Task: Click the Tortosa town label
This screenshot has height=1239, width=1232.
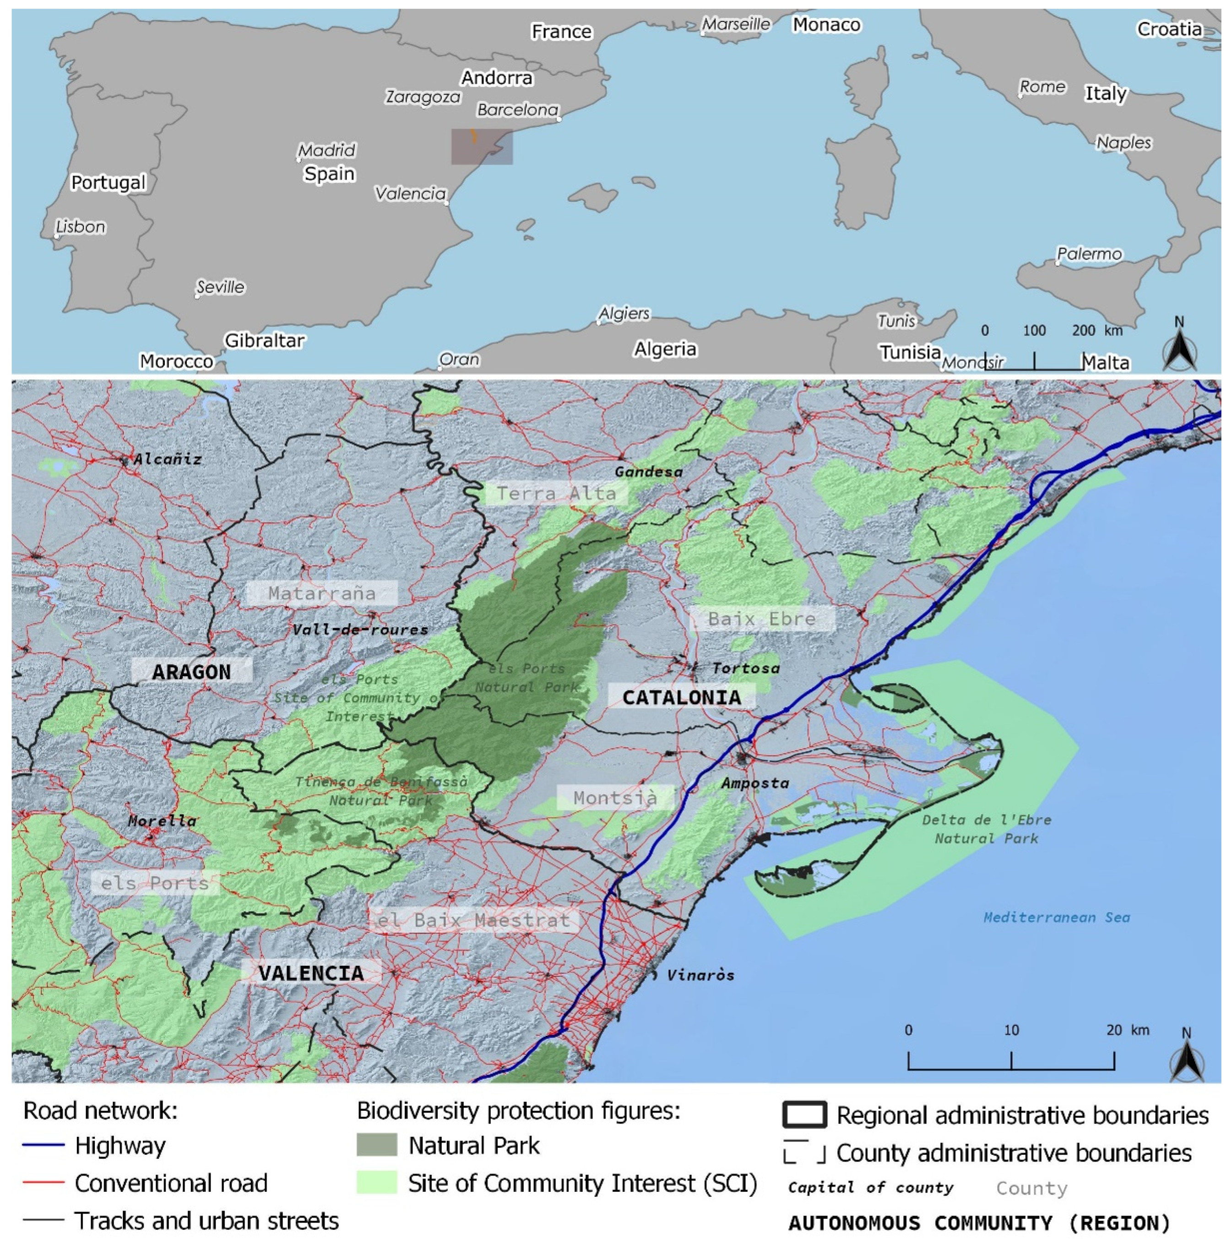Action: (745, 668)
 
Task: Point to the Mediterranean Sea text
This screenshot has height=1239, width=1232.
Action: (1056, 918)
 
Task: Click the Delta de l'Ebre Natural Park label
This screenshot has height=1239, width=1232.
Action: (986, 829)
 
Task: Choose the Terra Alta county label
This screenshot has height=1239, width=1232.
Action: (556, 493)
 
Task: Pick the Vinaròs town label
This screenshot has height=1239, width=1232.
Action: (700, 975)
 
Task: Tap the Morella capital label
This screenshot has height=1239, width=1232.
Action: (162, 821)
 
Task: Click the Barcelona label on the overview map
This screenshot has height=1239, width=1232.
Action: (517, 110)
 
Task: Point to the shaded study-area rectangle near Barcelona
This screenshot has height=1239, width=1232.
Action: (482, 147)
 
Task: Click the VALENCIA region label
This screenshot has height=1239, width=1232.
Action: (311, 973)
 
